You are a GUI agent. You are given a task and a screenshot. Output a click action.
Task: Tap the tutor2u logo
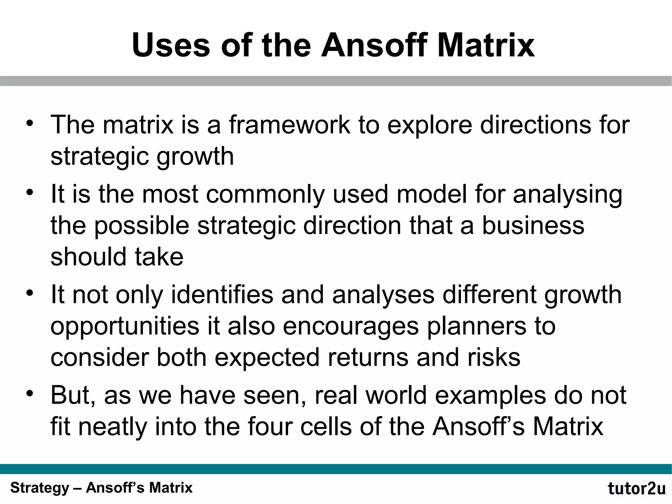636,489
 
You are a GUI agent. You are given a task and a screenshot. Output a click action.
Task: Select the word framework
289,125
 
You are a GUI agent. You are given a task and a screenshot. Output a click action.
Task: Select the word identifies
222,295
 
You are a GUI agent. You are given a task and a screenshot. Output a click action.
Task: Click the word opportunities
125,327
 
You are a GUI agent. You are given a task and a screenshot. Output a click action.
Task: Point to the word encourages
351,327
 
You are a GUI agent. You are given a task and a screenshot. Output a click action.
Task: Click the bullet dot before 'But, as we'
30,393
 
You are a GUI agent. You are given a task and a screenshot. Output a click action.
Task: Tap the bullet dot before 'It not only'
30,292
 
